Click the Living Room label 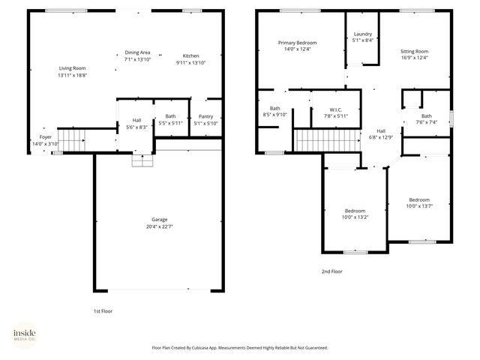[73, 68]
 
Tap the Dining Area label [137, 52]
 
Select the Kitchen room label [190, 56]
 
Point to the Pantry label [205, 116]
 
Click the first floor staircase [73, 139]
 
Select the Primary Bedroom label [297, 43]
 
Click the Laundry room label [363, 34]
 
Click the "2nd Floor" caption [331, 271]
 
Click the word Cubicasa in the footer [214, 348]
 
